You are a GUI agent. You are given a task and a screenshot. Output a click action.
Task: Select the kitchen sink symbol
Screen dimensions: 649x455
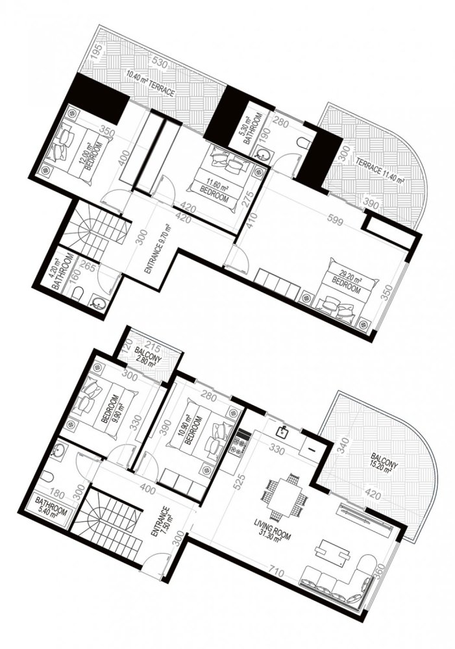[x=283, y=430]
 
